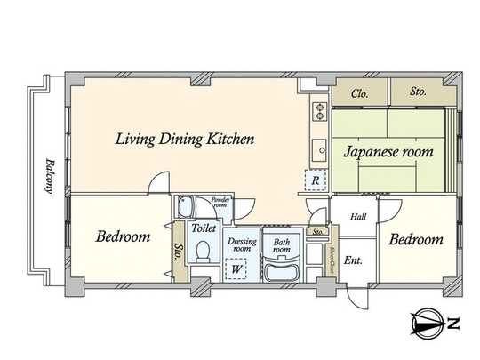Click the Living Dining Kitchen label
click(186, 139)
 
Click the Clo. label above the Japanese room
click(360, 92)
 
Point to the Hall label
click(357, 216)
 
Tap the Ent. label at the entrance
click(353, 260)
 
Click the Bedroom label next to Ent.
click(415, 240)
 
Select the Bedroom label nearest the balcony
click(123, 237)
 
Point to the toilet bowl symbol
click(204, 252)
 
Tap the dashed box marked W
click(237, 268)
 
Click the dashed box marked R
click(315, 180)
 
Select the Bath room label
click(282, 244)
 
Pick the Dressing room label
click(242, 244)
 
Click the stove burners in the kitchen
click(318, 111)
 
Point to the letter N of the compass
click(453, 324)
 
